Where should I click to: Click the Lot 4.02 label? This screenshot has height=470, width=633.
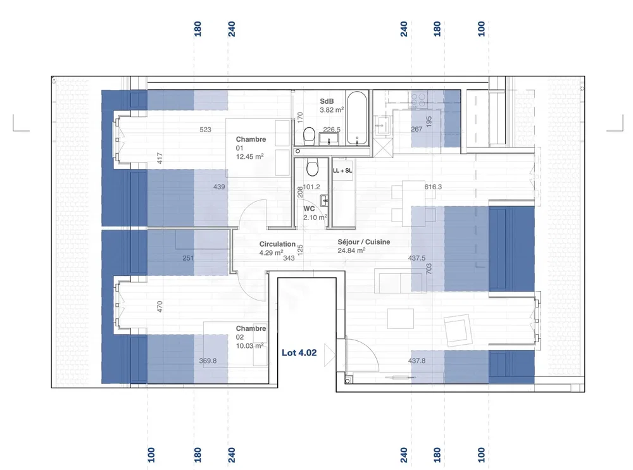point(299,352)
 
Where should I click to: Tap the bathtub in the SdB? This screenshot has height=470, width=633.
point(357,118)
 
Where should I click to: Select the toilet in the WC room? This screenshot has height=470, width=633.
point(312,168)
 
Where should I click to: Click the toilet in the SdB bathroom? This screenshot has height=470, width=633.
point(310,135)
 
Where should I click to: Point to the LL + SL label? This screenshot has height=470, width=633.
point(342,171)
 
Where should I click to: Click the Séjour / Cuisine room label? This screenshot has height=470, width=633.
point(364,242)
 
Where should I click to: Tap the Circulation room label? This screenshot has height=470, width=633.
point(277,244)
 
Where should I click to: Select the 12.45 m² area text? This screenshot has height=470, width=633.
point(250,156)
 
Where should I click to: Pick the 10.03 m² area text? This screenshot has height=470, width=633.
point(250,346)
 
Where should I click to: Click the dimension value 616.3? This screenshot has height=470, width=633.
point(433,187)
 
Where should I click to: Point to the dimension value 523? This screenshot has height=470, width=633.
point(206,130)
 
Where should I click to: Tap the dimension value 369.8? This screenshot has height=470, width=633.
point(208,361)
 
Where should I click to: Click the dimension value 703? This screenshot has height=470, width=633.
point(429,269)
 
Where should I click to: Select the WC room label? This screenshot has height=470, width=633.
point(310,209)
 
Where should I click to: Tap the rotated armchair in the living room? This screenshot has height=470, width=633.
point(458,330)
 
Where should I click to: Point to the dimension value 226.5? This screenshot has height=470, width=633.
point(332,130)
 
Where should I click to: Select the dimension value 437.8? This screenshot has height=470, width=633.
point(417,361)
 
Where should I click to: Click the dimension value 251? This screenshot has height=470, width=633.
point(188,258)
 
